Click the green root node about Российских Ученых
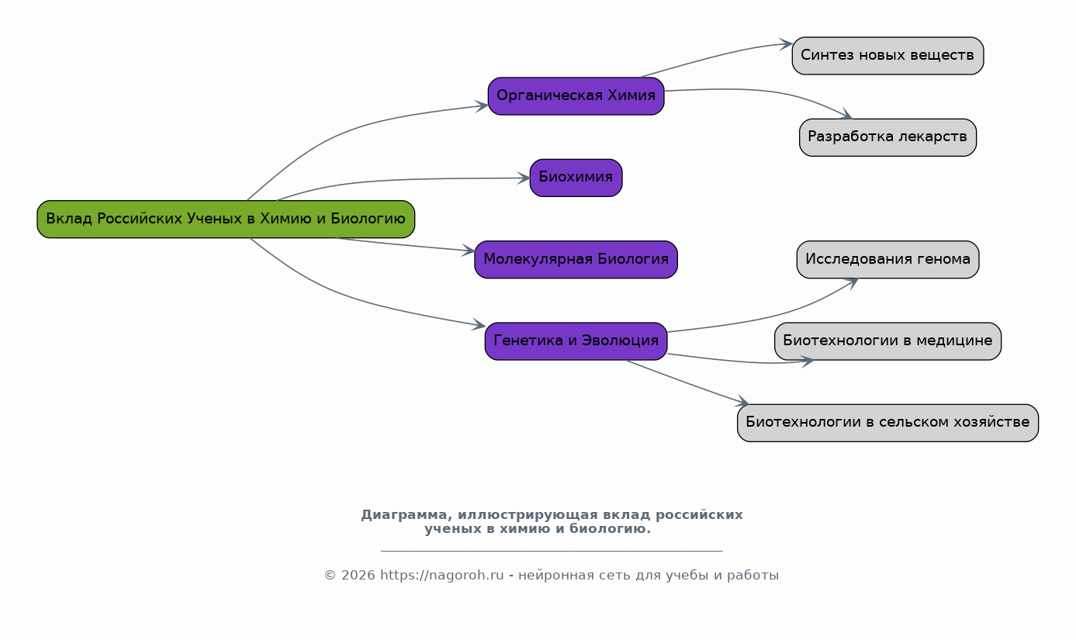(226, 219)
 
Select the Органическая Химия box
(576, 96)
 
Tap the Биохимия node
(576, 178)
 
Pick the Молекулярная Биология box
(576, 259)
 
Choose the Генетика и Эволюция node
(576, 341)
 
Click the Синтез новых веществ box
(887, 56)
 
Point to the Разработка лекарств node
(887, 137)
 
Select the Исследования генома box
(887, 259)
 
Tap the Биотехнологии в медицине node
(887, 341)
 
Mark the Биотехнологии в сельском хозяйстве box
(887, 423)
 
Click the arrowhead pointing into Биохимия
(524, 178)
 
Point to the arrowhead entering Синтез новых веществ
(786, 44)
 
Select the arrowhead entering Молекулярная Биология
(469, 251)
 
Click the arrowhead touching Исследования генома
(851, 282)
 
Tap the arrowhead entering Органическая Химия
(482, 106)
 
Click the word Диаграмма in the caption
(403, 515)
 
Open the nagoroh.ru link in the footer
(441, 576)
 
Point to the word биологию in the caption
(608, 529)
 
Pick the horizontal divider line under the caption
(552, 551)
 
